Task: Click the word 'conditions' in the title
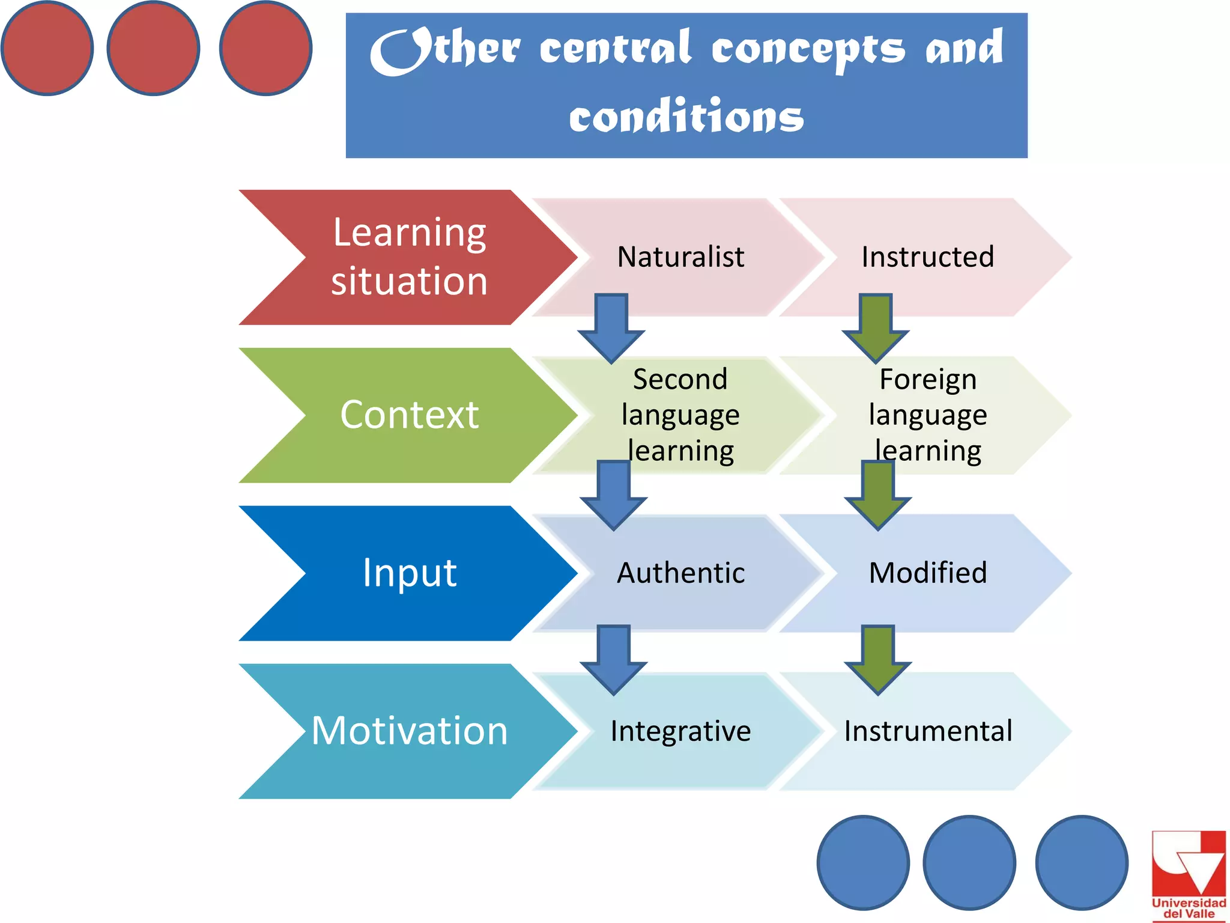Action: tap(686, 116)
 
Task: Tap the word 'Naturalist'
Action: tap(680, 257)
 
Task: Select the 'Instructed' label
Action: tap(927, 257)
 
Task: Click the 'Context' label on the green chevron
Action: tap(409, 415)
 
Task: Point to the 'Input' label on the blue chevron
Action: tap(409, 572)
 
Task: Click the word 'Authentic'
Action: tap(680, 572)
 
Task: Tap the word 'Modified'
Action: tap(927, 572)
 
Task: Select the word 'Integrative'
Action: tap(680, 731)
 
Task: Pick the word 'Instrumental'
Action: tap(927, 731)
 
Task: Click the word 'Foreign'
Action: tap(927, 379)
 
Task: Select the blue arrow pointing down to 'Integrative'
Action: tap(613, 660)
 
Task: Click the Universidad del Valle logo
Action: tap(1188, 875)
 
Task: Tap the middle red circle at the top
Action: tap(153, 48)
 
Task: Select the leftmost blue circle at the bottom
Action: tap(863, 862)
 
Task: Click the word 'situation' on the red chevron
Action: tap(409, 281)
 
